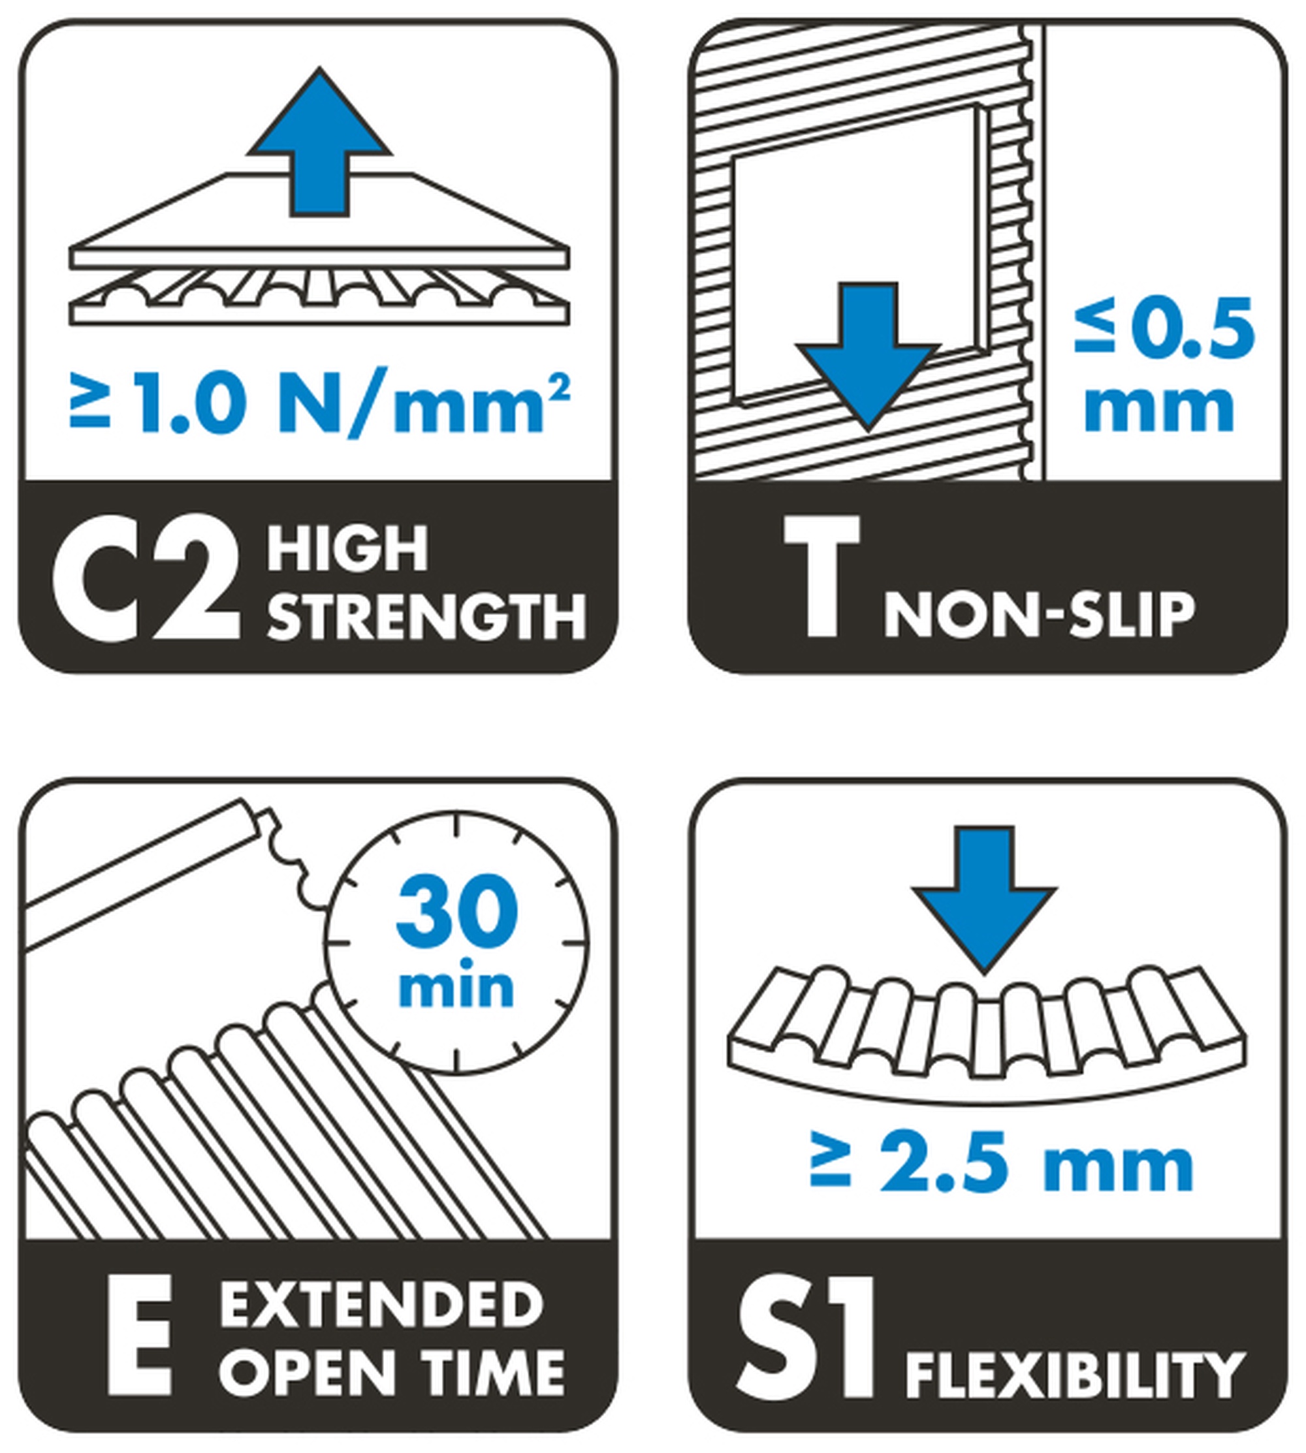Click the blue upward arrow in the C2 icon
(x=319, y=144)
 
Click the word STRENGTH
(x=427, y=616)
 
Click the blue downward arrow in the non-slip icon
(x=868, y=356)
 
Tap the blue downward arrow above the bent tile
(x=984, y=900)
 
